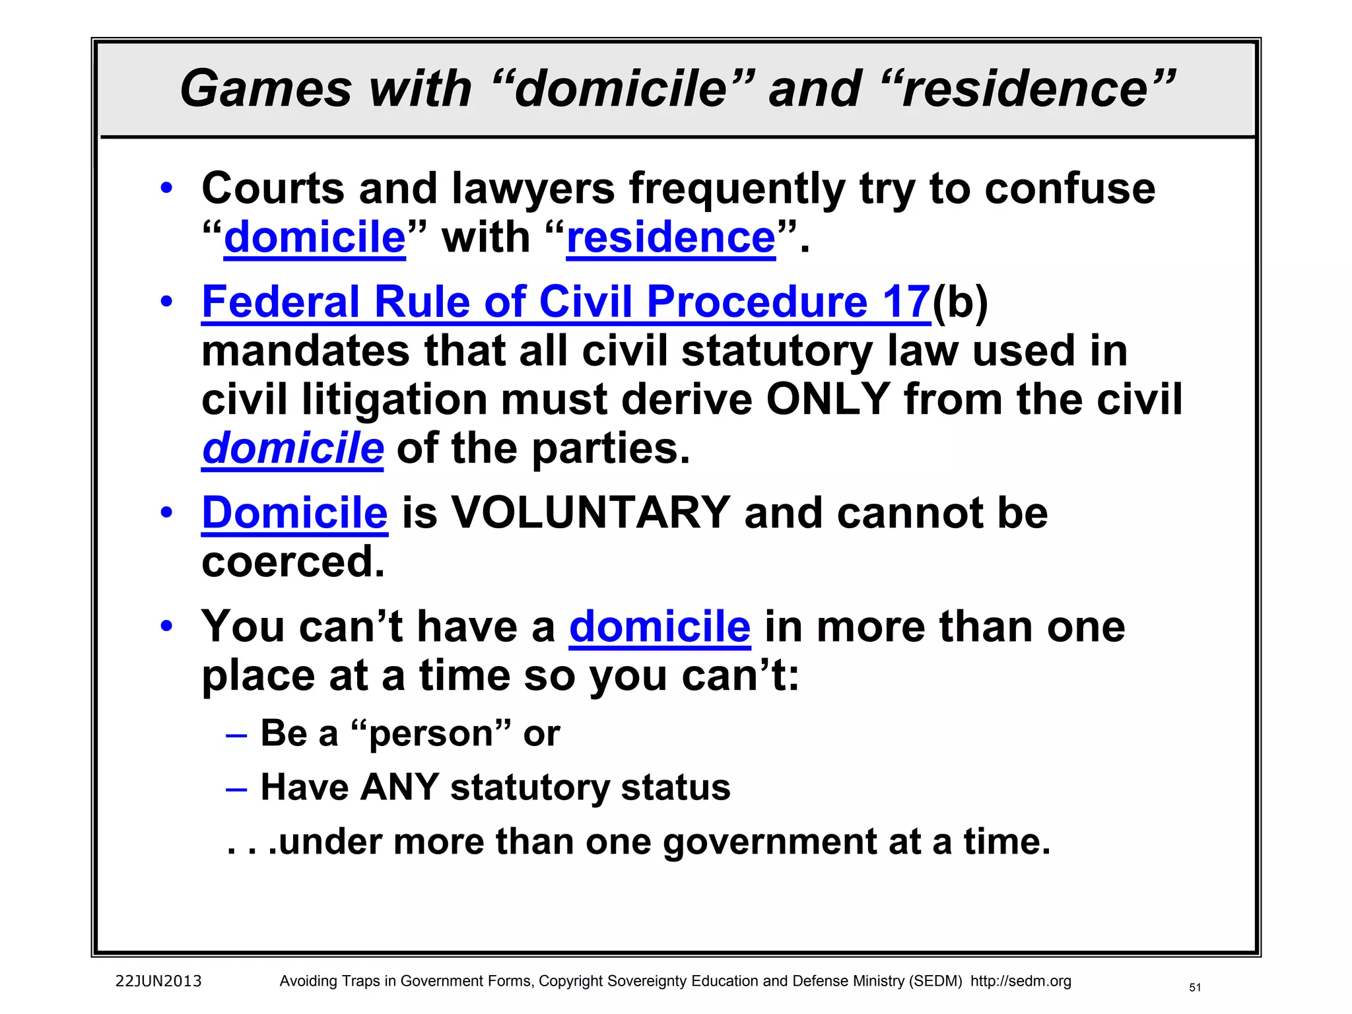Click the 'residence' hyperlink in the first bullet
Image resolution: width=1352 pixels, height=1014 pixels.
pos(671,238)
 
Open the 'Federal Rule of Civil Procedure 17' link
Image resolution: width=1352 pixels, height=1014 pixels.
pos(566,302)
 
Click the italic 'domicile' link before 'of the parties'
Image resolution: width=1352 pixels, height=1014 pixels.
pos(292,448)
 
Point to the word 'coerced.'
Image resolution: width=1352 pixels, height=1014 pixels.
pos(292,562)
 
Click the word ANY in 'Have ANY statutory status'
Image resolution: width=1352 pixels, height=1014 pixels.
pos(400,787)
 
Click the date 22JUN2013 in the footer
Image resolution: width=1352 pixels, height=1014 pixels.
pos(158,981)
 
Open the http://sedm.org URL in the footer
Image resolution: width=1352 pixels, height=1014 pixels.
pos(1021,981)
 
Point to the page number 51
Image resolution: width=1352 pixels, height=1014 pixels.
pos(1195,988)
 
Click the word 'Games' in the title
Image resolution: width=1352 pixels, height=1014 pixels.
pos(266,88)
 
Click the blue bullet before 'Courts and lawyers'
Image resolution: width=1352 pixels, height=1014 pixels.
pos(166,187)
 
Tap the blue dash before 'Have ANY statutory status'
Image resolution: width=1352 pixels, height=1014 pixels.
pos(236,788)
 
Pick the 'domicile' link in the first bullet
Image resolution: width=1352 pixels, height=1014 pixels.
pos(314,238)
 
